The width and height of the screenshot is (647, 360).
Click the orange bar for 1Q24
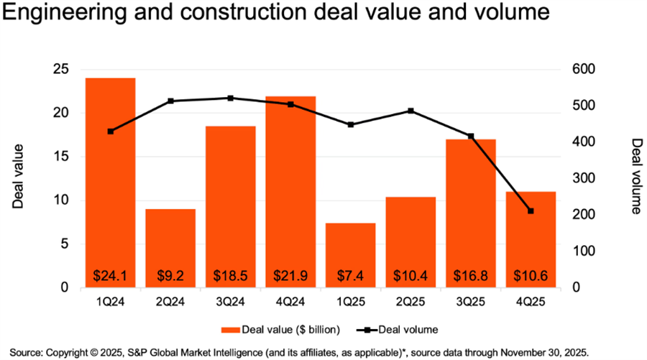pos(109,180)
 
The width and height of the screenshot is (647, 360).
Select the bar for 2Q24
pos(170,244)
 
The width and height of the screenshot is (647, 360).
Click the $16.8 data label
pos(470,275)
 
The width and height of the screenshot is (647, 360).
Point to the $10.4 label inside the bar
pos(410,275)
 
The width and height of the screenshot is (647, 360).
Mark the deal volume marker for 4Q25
pos(531,211)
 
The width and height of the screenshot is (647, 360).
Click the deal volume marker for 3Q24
pos(230,98)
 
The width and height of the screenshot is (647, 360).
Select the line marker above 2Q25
pos(410,111)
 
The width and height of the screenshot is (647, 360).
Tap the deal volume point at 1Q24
pos(110,131)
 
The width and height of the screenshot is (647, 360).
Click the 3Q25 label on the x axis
pos(470,301)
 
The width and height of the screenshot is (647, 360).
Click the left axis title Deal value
pos(19,177)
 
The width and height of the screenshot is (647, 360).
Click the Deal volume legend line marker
pos(367,329)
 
